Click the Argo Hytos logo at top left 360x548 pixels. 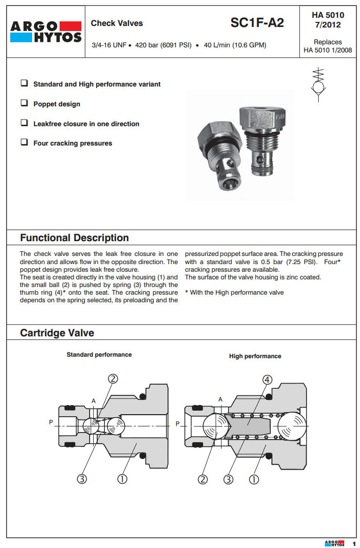point(46,32)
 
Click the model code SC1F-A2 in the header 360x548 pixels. point(257,23)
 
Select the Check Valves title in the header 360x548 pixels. point(117,23)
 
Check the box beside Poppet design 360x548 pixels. point(24,103)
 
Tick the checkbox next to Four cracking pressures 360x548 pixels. point(24,142)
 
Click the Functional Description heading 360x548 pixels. point(74,238)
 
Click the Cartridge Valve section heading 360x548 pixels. point(57,333)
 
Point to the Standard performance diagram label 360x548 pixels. point(99,355)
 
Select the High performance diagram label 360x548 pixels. point(255,356)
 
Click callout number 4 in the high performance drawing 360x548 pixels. point(267,380)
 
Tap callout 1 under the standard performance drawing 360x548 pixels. point(122,479)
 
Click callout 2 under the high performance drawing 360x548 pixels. point(203,479)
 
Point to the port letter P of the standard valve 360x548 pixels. point(51,422)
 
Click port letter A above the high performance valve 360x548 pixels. point(220,400)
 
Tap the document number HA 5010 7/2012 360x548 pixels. point(327,20)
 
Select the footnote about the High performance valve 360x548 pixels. point(234,293)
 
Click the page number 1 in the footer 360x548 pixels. point(354,543)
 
